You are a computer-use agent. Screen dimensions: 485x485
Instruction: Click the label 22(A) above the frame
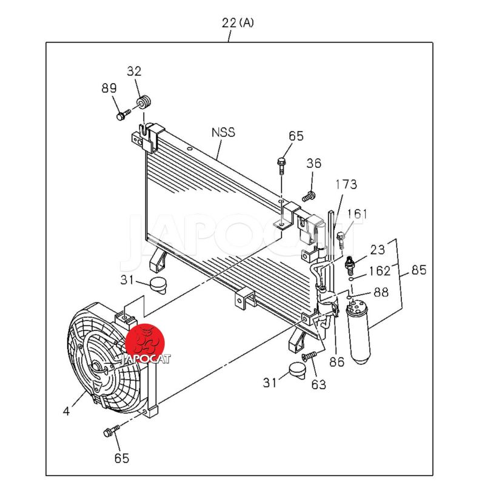pyautogui.click(x=238, y=23)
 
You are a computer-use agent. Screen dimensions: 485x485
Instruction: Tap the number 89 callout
pyautogui.click(x=109, y=89)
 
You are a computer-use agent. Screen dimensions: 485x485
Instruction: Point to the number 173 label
pyautogui.click(x=346, y=184)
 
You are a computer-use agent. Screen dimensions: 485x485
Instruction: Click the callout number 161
pyautogui.click(x=358, y=213)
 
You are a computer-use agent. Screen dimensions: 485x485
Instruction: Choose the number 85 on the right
pyautogui.click(x=418, y=270)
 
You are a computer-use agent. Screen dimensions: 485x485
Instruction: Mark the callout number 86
pyautogui.click(x=336, y=363)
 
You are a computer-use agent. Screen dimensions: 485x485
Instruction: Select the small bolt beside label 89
pyautogui.click(x=122, y=113)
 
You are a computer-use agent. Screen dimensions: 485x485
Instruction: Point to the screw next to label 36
pyautogui.click(x=309, y=196)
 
